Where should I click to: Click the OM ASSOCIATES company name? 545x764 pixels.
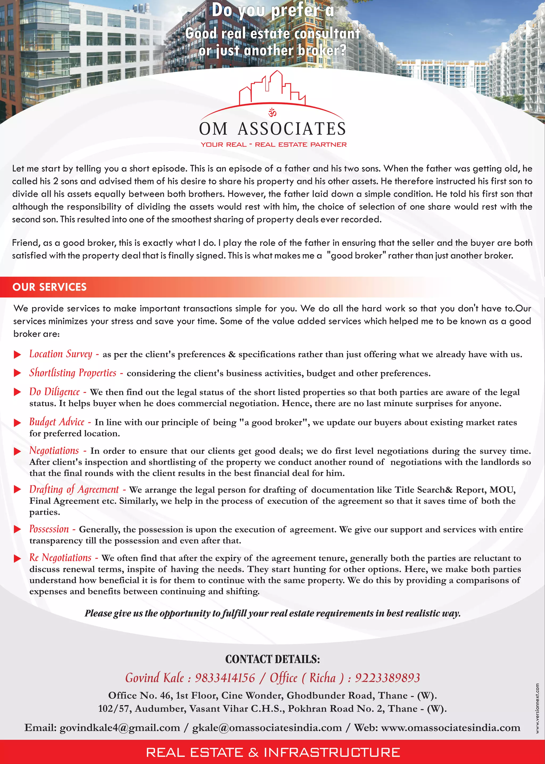[272, 129]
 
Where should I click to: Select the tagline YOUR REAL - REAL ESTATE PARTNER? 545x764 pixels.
[274, 145]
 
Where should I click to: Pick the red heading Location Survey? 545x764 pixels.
[61, 354]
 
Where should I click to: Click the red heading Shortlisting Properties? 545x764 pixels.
[73, 373]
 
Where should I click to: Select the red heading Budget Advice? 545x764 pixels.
[57, 422]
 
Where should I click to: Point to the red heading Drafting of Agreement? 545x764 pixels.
[74, 490]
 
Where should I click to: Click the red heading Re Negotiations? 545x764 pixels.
[60, 558]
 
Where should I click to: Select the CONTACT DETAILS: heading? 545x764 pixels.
[272, 659]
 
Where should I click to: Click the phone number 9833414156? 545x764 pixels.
[225, 678]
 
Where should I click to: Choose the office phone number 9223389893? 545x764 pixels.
[388, 678]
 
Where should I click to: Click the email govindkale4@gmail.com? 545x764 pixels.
[120, 728]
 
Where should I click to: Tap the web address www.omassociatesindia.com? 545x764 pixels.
[451, 728]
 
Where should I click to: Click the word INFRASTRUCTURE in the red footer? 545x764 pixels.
[332, 752]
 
